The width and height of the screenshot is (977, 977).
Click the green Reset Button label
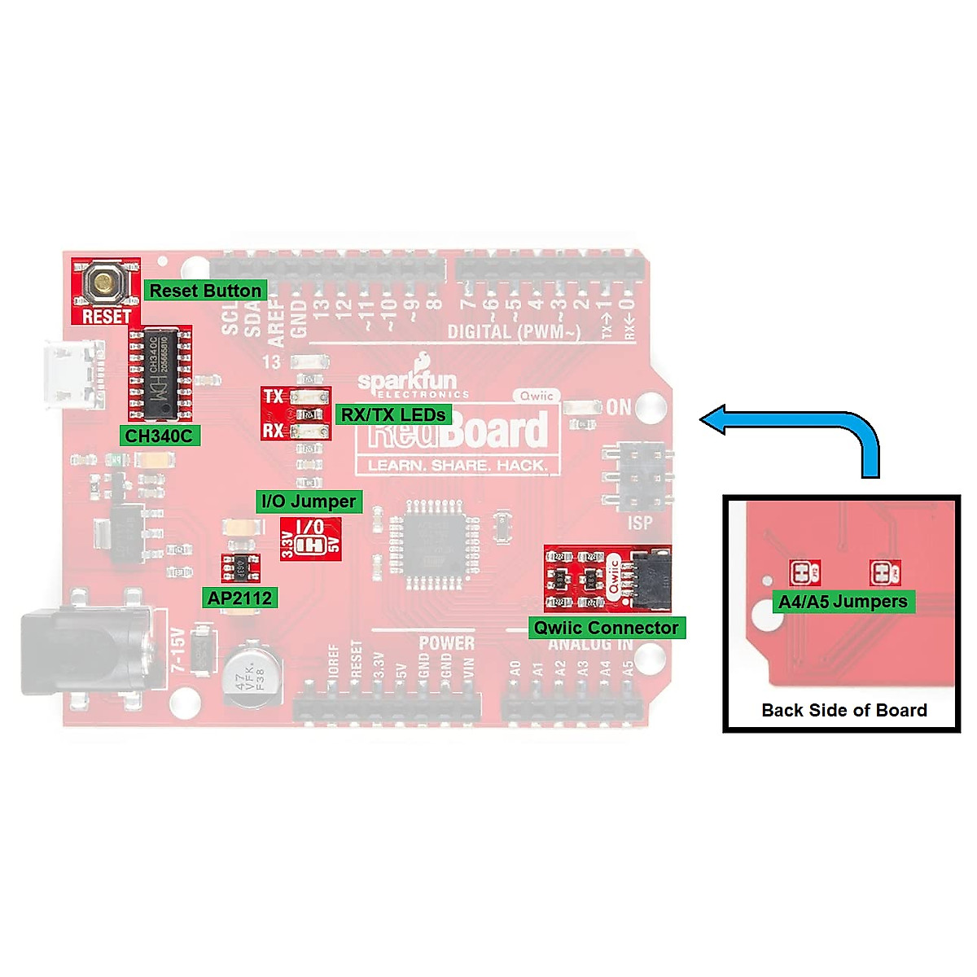[205, 291]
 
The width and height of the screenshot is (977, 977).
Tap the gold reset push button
[104, 283]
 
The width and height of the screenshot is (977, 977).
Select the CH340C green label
[159, 436]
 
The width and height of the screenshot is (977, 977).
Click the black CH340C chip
[160, 373]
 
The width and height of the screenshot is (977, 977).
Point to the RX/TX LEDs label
[392, 414]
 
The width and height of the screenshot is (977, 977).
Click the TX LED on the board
[308, 397]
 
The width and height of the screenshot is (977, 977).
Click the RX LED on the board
[308, 431]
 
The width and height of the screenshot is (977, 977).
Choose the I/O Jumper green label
[309, 502]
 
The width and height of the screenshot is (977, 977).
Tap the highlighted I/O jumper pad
[310, 545]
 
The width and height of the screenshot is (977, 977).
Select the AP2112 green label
[239, 598]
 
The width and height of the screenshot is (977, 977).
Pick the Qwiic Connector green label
[606, 628]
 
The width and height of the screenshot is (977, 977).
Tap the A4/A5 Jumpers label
[843, 602]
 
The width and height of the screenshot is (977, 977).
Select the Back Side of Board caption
[844, 710]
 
